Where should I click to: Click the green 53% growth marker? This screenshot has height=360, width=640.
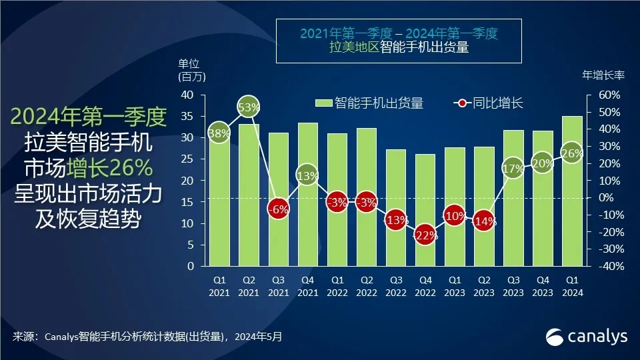click(249, 107)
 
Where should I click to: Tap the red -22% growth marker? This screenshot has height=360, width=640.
click(425, 235)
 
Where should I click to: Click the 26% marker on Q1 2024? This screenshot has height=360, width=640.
click(572, 153)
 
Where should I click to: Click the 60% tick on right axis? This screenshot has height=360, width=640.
click(608, 95)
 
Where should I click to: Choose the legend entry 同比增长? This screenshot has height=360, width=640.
click(489, 103)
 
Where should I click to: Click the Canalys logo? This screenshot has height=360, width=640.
click(587, 337)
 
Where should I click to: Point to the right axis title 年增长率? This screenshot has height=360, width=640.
click(603, 75)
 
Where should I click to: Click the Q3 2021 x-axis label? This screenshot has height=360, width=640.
click(278, 287)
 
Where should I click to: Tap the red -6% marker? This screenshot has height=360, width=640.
click(278, 208)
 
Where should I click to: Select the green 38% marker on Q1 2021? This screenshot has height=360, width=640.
click(219, 133)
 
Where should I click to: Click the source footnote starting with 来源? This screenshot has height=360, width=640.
click(147, 337)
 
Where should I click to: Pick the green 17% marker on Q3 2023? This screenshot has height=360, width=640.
click(513, 168)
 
